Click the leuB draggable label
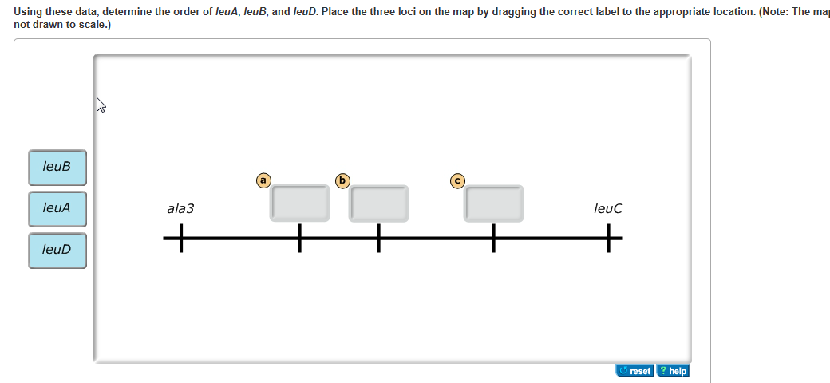[x=57, y=167]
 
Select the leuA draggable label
[x=57, y=208]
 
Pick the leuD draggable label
[x=57, y=250]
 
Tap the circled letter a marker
[x=263, y=180]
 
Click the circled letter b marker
[x=342, y=180]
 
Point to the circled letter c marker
[x=457, y=180]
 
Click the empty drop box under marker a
[x=300, y=203]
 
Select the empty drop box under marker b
[x=380, y=203]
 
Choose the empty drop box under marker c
[x=494, y=203]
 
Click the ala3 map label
[x=180, y=209]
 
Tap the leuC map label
[x=608, y=209]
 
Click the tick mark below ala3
[x=180, y=238]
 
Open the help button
[x=673, y=371]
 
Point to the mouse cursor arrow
[x=101, y=105]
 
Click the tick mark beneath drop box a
[x=300, y=238]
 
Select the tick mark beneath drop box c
[x=494, y=238]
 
